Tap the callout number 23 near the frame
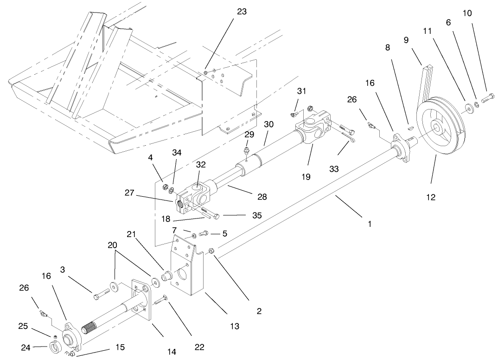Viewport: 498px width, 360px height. [242, 12]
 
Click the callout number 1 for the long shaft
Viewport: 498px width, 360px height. [370, 224]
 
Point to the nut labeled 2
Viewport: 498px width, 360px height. [211, 251]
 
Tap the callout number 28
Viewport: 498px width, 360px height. [262, 197]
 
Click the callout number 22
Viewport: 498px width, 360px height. [200, 347]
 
